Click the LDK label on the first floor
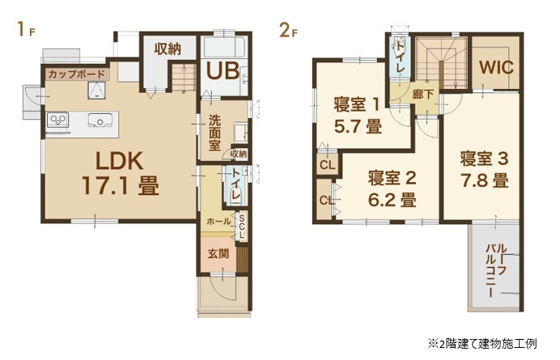pyautogui.click(x=120, y=161)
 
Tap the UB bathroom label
pyautogui.click(x=223, y=70)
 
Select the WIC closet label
pyautogui.click(x=496, y=67)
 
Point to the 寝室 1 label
pyautogui.click(x=356, y=104)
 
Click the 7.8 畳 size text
pyautogui.click(x=484, y=181)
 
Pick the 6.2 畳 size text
pyautogui.click(x=392, y=201)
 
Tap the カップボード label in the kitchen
pyautogui.click(x=76, y=74)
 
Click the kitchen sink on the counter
pyautogui.click(x=100, y=120)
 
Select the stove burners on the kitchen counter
pyautogui.click(x=57, y=120)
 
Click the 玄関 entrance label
pyautogui.click(x=218, y=254)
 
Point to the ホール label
pyautogui.click(x=218, y=222)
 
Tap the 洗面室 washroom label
pyautogui.click(x=214, y=133)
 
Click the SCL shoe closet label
pyautogui.click(x=242, y=227)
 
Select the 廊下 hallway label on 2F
pyautogui.click(x=423, y=95)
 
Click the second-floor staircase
pyautogui.click(x=441, y=63)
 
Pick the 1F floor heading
pyautogui.click(x=26, y=29)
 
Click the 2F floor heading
pyautogui.click(x=288, y=30)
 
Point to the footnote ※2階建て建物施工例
pyautogui.click(x=482, y=344)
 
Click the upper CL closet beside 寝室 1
pyautogui.click(x=327, y=165)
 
